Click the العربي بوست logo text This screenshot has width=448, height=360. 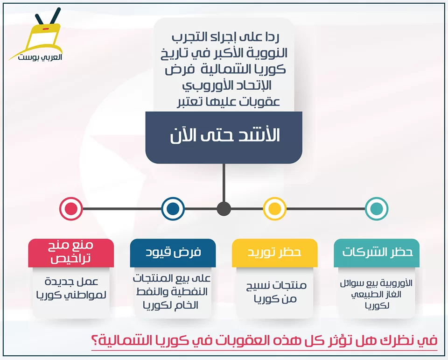coord(40,57)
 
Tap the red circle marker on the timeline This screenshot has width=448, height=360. coord(71,209)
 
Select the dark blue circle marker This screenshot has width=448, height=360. coord(173,209)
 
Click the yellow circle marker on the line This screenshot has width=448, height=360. coord(274,209)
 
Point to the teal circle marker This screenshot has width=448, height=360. coord(377,209)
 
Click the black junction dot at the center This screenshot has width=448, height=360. coord(224,209)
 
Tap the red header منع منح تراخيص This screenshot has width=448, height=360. coord(71,253)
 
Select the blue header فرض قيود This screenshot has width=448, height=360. coord(173,253)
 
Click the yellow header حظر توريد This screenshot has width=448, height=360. coord(274,253)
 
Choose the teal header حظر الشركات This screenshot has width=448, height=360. coord(377,253)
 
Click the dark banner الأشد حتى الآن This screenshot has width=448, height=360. coord(224,138)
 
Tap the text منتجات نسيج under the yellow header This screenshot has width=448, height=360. coord(276,285)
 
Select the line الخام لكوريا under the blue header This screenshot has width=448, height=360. coord(171,305)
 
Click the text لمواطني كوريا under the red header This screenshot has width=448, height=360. coord(71,295)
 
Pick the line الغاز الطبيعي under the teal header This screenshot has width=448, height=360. coord(376,294)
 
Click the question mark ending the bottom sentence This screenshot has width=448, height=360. coord(94,340)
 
